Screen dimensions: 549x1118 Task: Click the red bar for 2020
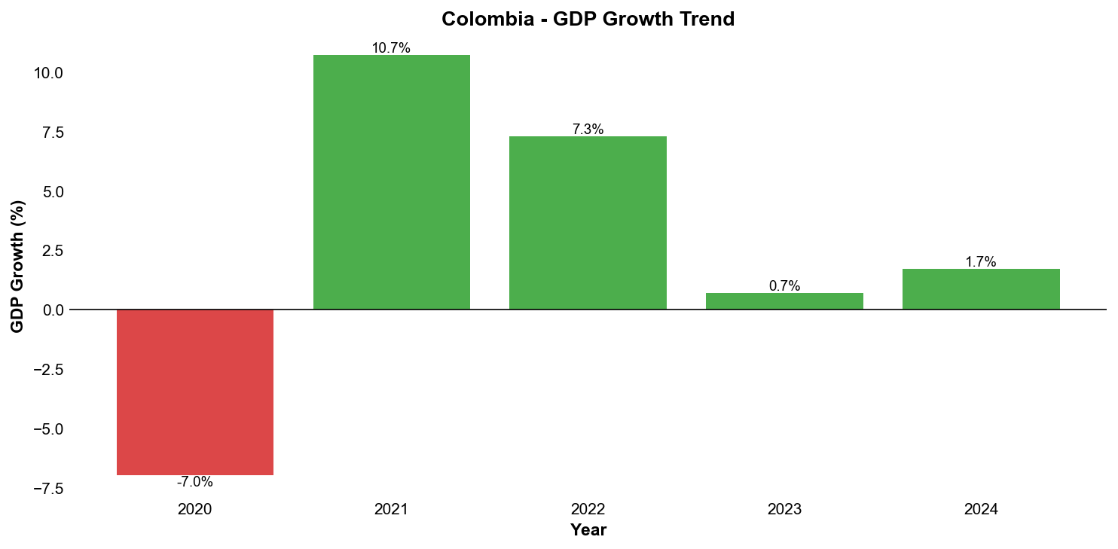(195, 392)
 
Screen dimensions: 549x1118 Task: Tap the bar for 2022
(588, 223)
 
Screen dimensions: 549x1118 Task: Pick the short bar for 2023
(784, 301)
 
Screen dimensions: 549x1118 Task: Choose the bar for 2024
(981, 289)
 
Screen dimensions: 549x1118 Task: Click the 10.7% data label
(391, 48)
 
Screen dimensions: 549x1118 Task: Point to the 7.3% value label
(588, 130)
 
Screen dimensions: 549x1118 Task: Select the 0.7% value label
(784, 286)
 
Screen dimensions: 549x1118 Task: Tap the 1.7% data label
(981, 262)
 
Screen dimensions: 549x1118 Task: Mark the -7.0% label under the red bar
(195, 482)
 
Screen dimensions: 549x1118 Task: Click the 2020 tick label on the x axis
(195, 510)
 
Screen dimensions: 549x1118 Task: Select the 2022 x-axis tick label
(588, 510)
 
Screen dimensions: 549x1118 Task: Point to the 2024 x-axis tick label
(981, 510)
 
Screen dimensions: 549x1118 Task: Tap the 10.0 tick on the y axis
(47, 74)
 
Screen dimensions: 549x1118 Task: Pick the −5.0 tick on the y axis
(47, 429)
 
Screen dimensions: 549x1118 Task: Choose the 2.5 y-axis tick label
(53, 251)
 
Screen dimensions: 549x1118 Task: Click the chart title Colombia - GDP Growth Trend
(588, 20)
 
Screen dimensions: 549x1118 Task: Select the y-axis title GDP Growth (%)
(17, 267)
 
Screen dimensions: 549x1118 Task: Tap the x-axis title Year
(588, 530)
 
